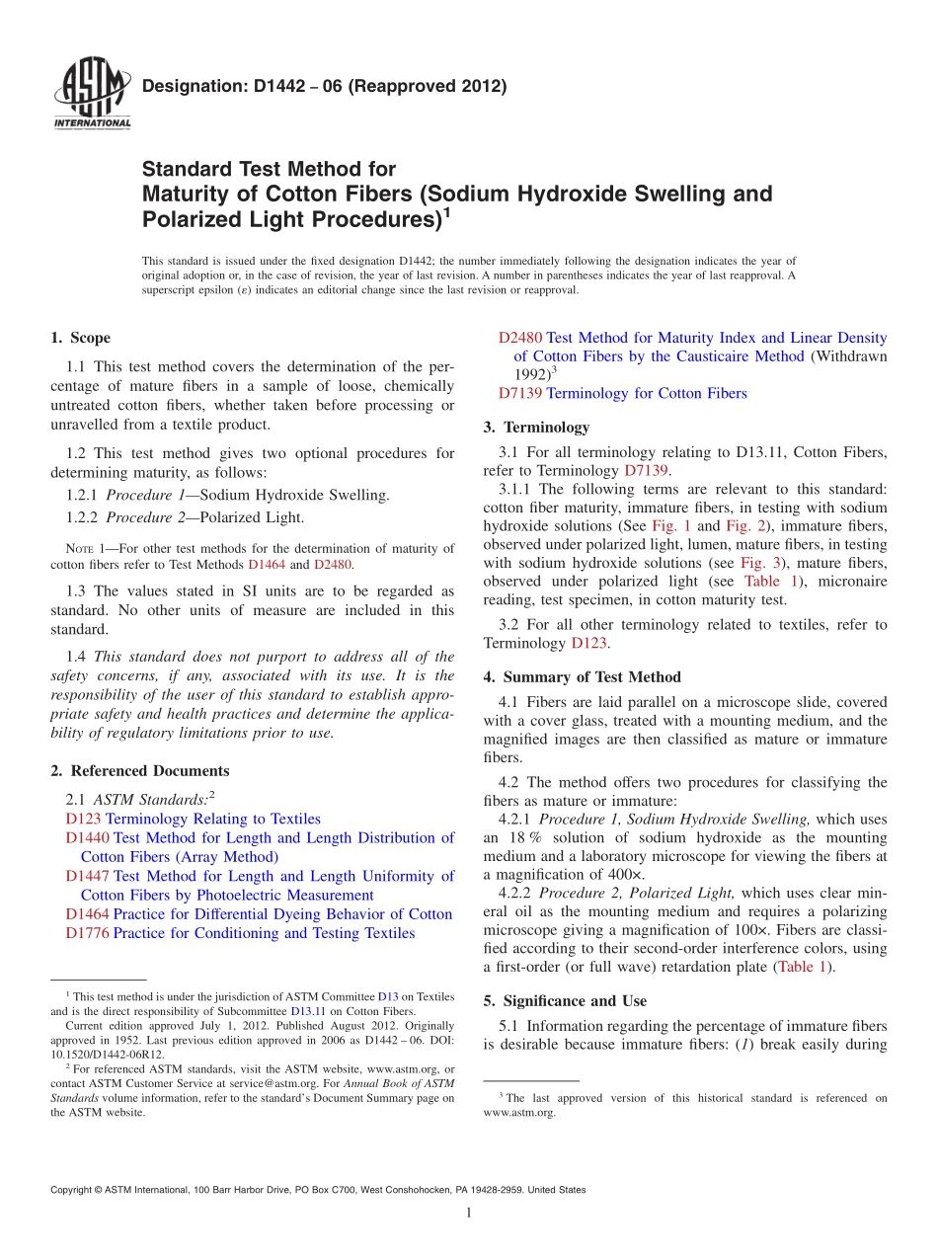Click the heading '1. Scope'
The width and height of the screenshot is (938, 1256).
(x=80, y=338)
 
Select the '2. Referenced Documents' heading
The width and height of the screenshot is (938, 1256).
(x=139, y=771)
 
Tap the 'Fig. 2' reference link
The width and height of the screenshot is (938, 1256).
(x=745, y=526)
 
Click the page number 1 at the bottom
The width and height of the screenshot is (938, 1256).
(x=469, y=1213)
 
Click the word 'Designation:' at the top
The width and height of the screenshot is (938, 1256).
(x=185, y=87)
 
